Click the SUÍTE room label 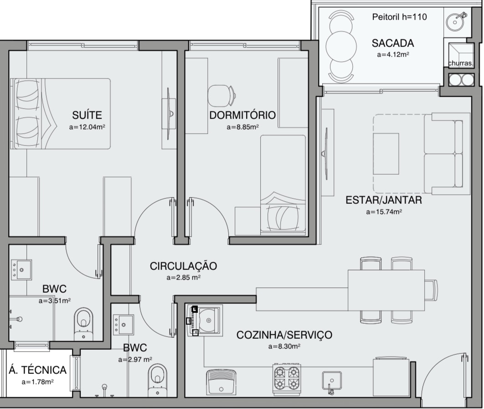click(x=87, y=115)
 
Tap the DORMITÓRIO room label click(x=242, y=115)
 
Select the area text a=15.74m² click(x=384, y=212)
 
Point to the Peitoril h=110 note click(x=399, y=17)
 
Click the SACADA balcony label click(x=393, y=43)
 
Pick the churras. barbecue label click(x=460, y=63)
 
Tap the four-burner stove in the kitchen click(x=287, y=379)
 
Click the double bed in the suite click(x=61, y=114)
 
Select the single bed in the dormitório click(x=283, y=184)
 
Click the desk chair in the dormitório click(x=221, y=95)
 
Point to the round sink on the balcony click(x=455, y=21)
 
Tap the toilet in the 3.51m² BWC click(x=84, y=324)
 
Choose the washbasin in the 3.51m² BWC click(x=21, y=269)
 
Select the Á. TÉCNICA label click(x=37, y=370)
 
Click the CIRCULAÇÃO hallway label click(x=183, y=266)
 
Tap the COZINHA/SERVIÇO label click(x=284, y=335)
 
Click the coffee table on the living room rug click(x=386, y=154)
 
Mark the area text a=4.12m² click(x=393, y=55)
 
